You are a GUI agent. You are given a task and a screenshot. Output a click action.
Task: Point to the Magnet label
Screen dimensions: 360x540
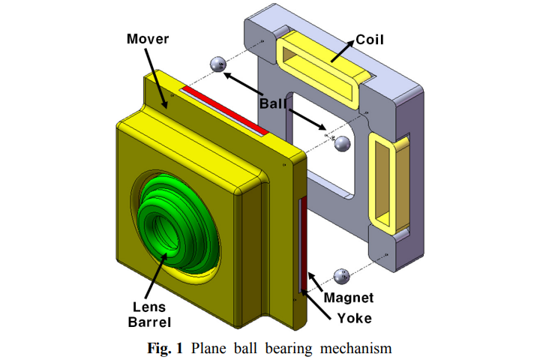(x=348, y=298)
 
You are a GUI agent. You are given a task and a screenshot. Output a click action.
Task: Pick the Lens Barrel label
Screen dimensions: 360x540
(x=149, y=314)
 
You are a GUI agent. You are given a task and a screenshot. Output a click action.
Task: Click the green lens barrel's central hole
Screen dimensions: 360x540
(x=166, y=226)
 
